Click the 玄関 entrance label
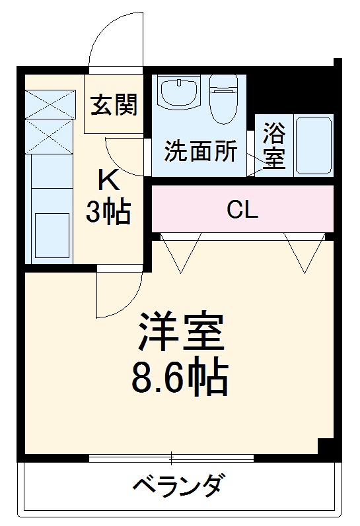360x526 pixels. tap(114, 105)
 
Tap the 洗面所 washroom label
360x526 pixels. tap(200, 152)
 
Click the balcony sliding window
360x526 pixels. tap(172, 457)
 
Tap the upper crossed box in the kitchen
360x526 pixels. tap(51, 104)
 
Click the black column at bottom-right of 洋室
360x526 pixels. tap(326, 447)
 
